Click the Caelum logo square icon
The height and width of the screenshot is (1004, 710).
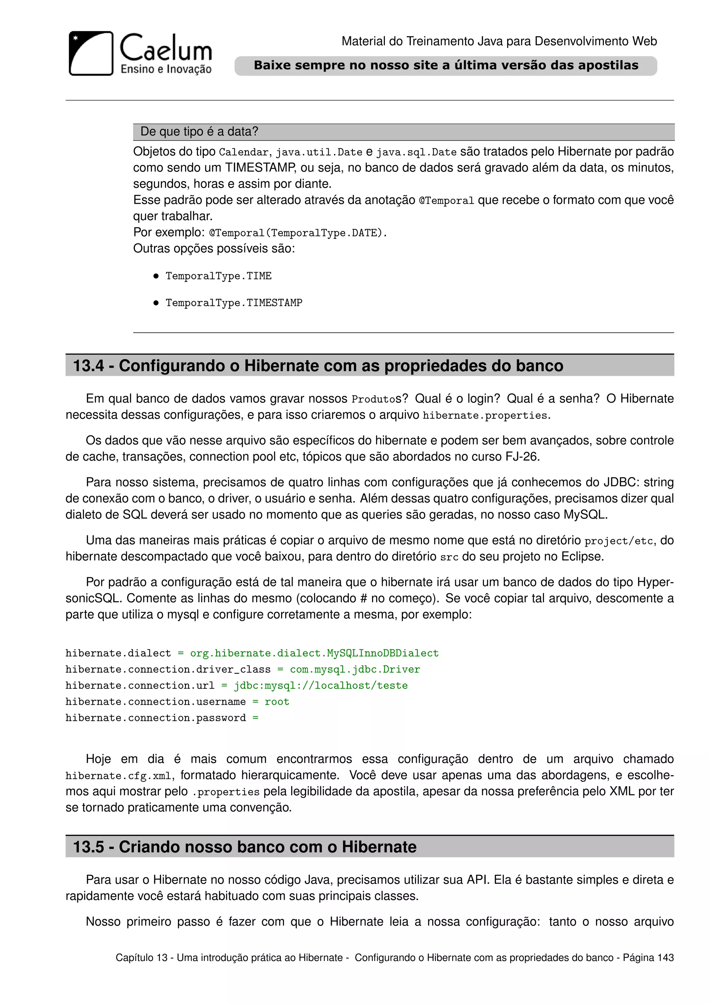pos(91,53)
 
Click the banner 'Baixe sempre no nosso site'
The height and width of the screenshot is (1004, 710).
pos(445,66)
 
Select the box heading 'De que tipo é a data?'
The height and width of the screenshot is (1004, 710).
pos(199,132)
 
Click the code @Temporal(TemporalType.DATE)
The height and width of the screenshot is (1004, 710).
pos(298,233)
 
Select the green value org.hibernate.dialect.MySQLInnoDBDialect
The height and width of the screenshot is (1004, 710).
pos(314,653)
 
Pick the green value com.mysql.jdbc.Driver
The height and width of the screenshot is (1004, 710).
pos(355,669)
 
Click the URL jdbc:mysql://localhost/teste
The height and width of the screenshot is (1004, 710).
pos(320,686)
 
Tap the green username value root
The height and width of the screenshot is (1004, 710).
pos(277,702)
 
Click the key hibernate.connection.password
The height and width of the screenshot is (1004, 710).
pos(156,718)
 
